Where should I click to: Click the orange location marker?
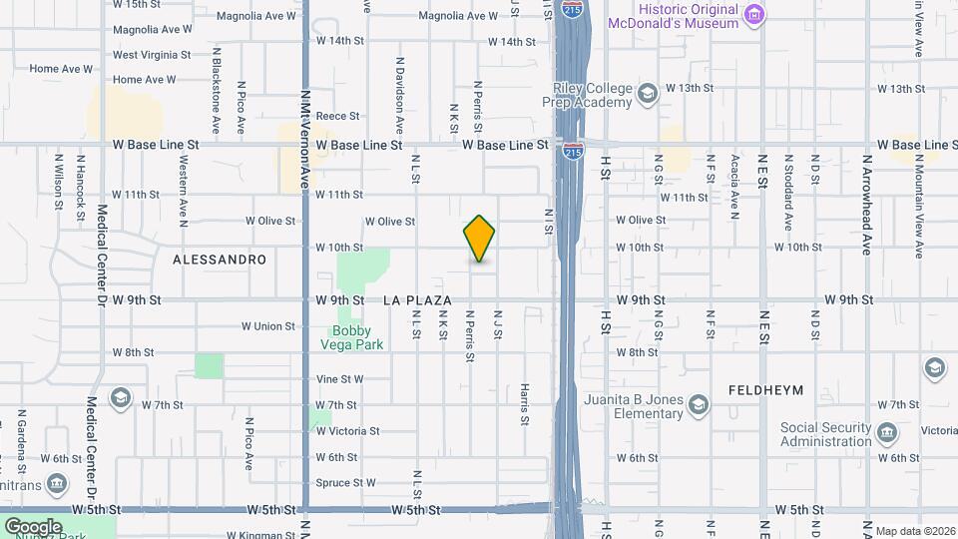(479, 239)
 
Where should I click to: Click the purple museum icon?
(754, 14)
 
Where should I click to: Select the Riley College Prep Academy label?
(587, 95)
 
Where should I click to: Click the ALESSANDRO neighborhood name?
(220, 260)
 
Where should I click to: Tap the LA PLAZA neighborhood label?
(417, 300)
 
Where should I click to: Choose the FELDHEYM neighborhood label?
(766, 389)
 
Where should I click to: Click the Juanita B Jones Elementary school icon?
(698, 403)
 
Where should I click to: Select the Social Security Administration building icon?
(886, 433)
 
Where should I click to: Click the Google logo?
(33, 526)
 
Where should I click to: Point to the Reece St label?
(337, 117)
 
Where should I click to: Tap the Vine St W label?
(339, 379)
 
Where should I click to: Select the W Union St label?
(268, 326)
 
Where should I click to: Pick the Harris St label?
(524, 405)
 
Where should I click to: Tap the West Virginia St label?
(152, 56)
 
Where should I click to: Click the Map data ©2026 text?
(913, 530)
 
